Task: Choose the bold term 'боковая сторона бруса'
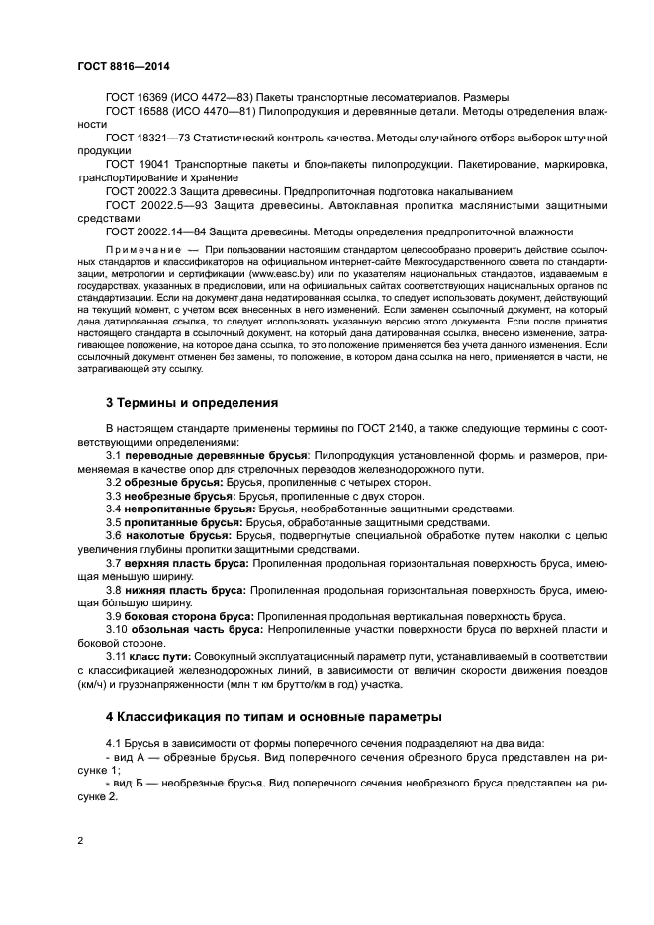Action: point(188,615)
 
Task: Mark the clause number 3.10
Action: point(116,629)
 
